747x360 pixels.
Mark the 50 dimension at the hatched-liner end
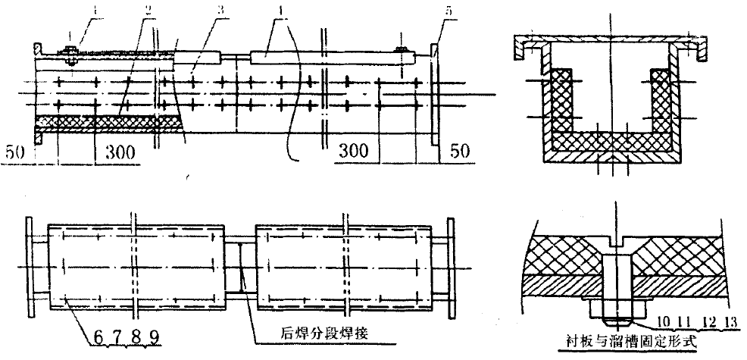[x=17, y=152]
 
